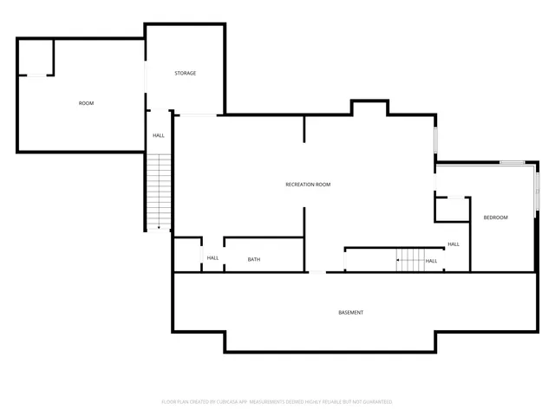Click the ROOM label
point(86,103)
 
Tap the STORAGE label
point(185,73)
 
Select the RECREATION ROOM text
point(308,185)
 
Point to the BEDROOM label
point(495,218)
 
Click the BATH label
point(253,259)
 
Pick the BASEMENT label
point(350,312)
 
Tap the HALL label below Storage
point(159,135)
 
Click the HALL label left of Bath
point(212,258)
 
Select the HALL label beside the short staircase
point(431,260)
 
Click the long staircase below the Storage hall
point(158,191)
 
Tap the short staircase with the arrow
point(410,259)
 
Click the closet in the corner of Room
point(36,57)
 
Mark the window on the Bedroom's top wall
point(512,162)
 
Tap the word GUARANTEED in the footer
point(376,402)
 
